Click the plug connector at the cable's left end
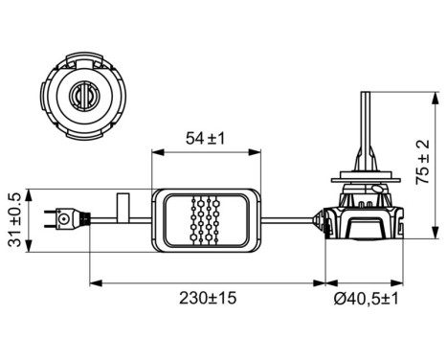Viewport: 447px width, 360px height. pos(64,219)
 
